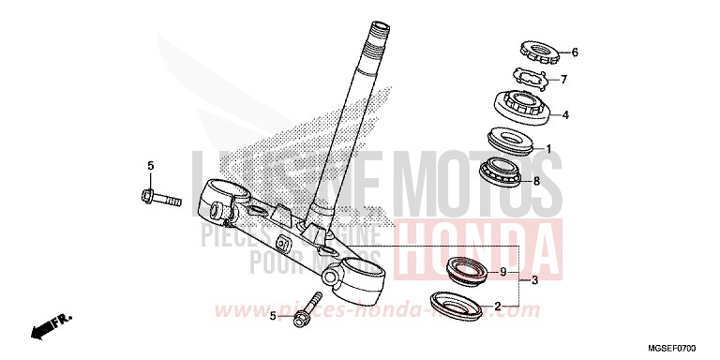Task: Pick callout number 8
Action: click(x=536, y=181)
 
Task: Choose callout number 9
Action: click(x=503, y=273)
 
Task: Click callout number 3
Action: click(x=534, y=280)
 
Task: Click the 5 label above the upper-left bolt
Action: click(x=149, y=166)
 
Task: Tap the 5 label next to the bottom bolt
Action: click(x=273, y=316)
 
